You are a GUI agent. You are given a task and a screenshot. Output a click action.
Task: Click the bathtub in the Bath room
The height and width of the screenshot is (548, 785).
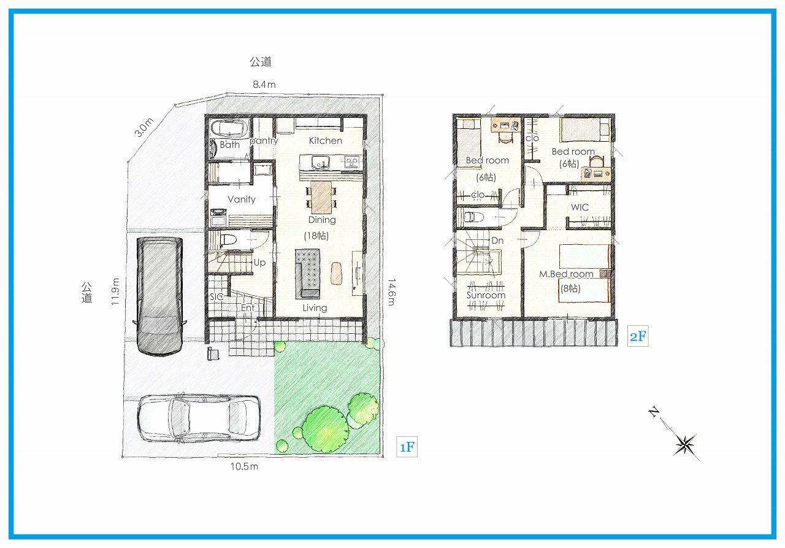(229, 129)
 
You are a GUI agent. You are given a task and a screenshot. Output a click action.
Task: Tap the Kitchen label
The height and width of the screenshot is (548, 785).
(325, 141)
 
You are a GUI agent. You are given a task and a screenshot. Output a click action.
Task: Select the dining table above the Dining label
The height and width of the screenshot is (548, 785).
(321, 197)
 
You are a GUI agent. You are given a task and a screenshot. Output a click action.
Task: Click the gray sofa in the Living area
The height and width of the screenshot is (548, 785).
(307, 274)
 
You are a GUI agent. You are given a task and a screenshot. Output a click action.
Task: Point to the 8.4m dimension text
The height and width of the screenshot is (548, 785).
(264, 85)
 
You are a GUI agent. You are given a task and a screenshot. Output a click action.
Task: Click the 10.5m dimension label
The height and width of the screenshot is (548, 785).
(244, 466)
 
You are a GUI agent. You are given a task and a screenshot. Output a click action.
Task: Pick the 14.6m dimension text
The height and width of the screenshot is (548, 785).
(391, 292)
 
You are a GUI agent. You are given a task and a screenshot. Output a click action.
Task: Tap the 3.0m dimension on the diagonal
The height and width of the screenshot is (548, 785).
(144, 127)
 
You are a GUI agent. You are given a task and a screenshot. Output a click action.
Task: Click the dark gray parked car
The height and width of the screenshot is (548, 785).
(160, 296)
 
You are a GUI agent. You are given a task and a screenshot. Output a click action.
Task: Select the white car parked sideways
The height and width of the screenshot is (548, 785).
(199, 419)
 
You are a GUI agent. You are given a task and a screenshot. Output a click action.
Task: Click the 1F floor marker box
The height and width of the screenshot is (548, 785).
(407, 447)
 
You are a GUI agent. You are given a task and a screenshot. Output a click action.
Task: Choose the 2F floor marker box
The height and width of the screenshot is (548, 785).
(638, 336)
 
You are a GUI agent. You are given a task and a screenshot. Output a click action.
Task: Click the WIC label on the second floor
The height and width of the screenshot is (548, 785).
(580, 207)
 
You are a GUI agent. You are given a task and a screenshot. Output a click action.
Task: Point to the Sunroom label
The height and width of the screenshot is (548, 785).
(486, 295)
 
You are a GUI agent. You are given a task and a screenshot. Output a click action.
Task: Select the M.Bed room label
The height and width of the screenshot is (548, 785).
(566, 274)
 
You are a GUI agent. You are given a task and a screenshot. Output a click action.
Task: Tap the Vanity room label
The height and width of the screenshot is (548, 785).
(242, 199)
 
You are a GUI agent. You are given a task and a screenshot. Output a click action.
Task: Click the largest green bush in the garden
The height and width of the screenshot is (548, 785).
(325, 429)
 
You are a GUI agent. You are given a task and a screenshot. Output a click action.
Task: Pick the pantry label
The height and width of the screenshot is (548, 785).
(264, 141)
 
